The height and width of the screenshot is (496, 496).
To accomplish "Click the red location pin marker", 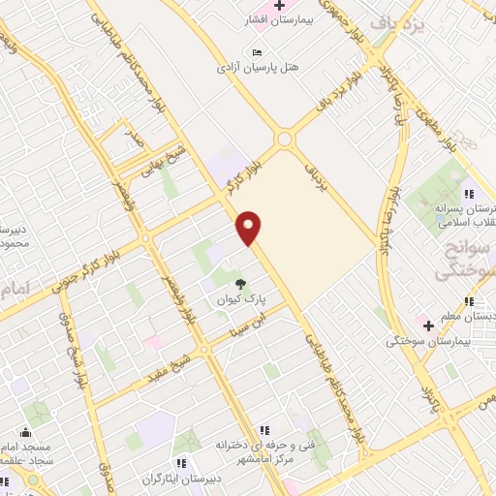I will tap(250, 226).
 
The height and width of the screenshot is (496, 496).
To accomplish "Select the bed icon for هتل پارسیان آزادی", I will tap(256, 52).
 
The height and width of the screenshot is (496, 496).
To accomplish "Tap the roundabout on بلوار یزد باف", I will tap(284, 139).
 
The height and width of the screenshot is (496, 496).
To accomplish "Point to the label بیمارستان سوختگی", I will tap(427, 341).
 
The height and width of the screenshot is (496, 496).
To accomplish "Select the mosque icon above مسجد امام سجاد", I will tap(25, 430).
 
